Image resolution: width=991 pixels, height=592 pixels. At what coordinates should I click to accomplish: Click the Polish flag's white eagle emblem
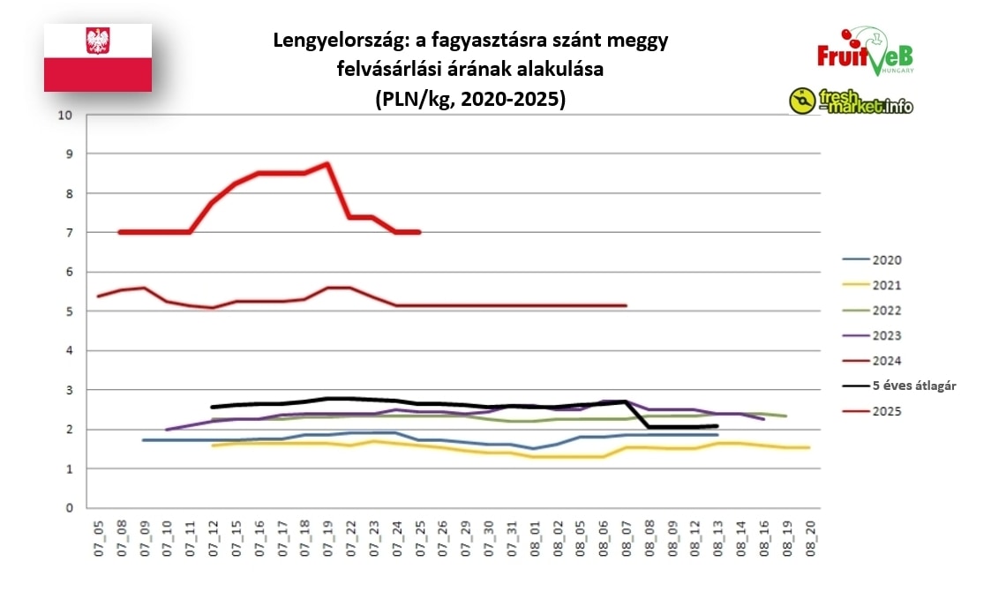[97, 41]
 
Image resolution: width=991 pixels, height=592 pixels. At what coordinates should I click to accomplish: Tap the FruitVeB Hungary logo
[865, 52]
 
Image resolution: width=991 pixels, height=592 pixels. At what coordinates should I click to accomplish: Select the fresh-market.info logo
[851, 101]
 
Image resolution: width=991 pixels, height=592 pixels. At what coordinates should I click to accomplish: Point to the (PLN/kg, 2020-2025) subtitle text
[469, 99]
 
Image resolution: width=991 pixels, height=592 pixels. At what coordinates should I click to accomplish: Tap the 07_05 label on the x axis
[98, 535]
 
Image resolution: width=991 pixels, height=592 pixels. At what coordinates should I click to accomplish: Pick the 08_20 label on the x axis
[809, 535]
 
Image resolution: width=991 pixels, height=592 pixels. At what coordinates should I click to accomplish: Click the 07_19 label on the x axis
[327, 535]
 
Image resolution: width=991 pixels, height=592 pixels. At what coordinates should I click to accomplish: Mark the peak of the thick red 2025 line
[327, 163]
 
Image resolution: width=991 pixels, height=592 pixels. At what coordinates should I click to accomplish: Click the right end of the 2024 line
[626, 305]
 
